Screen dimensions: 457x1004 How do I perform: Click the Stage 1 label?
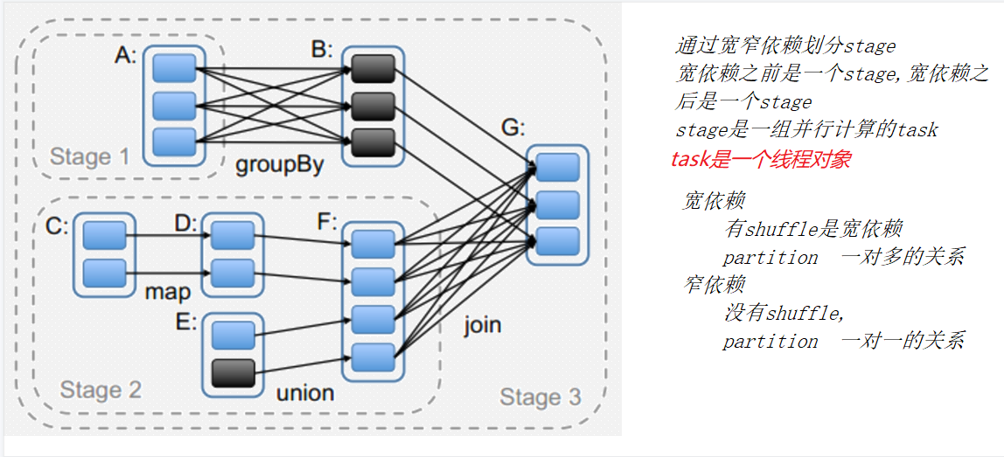[x=89, y=157]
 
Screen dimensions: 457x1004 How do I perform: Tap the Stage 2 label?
[x=101, y=389]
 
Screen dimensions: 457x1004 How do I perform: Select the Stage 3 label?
[x=540, y=398]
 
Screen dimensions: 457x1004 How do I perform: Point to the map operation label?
[x=167, y=291]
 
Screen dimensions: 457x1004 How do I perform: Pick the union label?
[x=305, y=392]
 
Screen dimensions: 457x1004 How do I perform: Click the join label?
[x=482, y=325]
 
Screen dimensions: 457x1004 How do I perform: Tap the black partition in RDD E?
[x=233, y=373]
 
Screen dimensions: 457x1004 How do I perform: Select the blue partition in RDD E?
[x=233, y=336]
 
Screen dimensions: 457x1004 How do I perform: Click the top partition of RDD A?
[x=174, y=68]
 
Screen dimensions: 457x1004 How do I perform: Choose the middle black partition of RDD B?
[x=373, y=106]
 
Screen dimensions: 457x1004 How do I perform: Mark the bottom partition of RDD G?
[x=558, y=240]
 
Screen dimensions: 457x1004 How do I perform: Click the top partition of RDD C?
[x=105, y=234]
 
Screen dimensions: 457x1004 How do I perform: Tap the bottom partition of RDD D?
[x=233, y=272]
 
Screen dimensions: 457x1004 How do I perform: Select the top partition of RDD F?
[x=373, y=241]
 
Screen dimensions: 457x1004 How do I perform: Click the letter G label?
[x=512, y=128]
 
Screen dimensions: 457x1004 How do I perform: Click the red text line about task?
[x=760, y=159]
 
